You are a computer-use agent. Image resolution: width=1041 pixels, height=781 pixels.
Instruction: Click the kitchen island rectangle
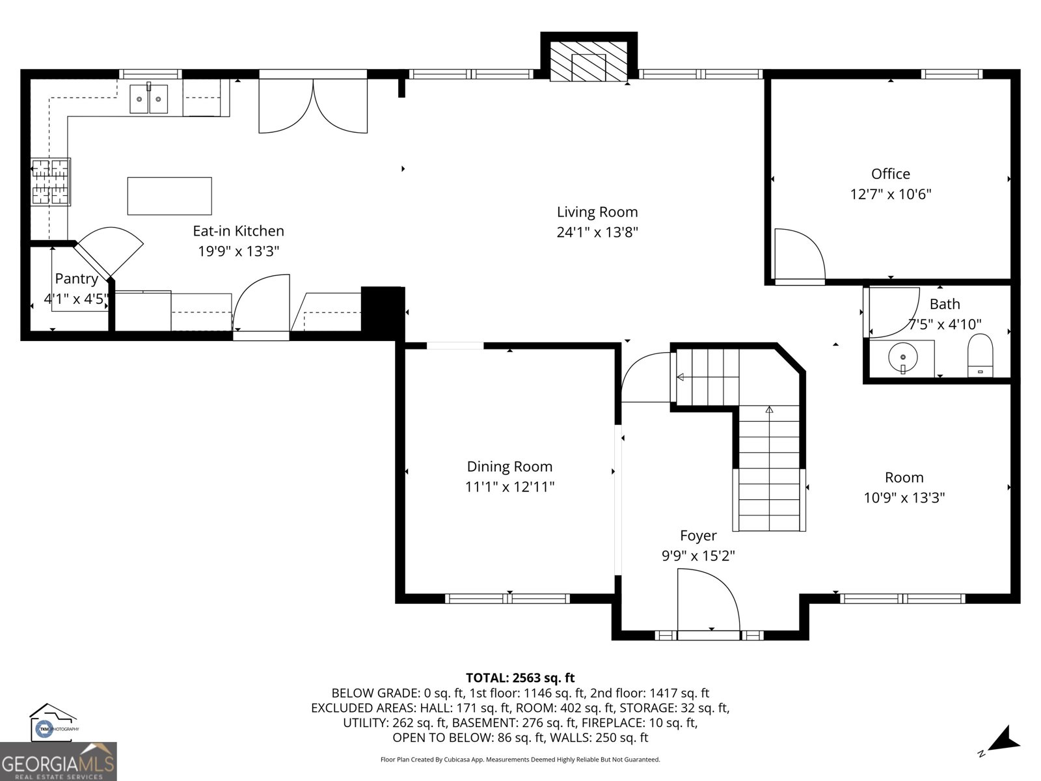[x=169, y=196]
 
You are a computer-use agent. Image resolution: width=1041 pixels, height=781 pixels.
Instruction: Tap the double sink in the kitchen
[x=148, y=99]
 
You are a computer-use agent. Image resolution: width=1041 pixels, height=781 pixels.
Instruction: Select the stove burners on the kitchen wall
[x=50, y=182]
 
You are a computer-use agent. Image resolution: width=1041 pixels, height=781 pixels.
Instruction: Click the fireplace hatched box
[x=588, y=62]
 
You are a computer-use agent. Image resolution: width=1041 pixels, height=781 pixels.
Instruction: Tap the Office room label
[x=890, y=174]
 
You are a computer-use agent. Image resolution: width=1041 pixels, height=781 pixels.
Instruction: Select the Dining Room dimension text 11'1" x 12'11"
[x=509, y=487]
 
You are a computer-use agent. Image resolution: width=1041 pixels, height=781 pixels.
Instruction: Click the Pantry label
[x=76, y=279]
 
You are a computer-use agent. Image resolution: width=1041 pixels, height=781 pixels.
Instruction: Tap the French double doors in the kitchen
[x=313, y=105]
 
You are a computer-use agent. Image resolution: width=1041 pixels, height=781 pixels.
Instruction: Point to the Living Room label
[x=597, y=212]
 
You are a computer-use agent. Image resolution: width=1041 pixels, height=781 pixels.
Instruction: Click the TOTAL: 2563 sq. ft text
[x=520, y=678]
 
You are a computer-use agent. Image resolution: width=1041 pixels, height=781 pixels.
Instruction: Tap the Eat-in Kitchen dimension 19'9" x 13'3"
[x=238, y=251]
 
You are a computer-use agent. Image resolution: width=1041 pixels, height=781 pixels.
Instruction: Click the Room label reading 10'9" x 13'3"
[x=904, y=498]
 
